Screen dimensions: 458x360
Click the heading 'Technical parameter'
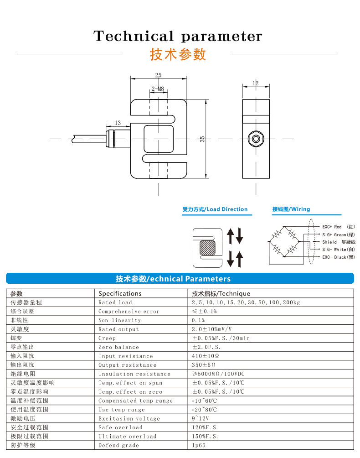coord(178,36)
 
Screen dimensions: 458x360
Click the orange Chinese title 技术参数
coord(178,54)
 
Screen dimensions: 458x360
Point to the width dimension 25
coord(158,75)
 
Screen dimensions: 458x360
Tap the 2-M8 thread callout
coord(158,89)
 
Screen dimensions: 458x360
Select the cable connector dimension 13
coord(118,123)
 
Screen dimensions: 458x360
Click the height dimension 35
coord(202,139)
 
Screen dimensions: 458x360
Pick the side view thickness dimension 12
coord(255,83)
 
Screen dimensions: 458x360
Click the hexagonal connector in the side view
coord(256,138)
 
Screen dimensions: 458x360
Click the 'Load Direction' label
coord(215,209)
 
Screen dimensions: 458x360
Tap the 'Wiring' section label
coord(291,209)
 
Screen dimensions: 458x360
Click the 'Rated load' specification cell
coord(115,302)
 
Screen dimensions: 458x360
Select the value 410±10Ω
coord(206,356)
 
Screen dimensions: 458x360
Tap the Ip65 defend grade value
coord(199,445)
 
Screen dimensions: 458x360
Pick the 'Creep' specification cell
coord(107,338)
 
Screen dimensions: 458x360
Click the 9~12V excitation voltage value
coord(201,418)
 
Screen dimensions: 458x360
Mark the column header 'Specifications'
coord(120,293)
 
